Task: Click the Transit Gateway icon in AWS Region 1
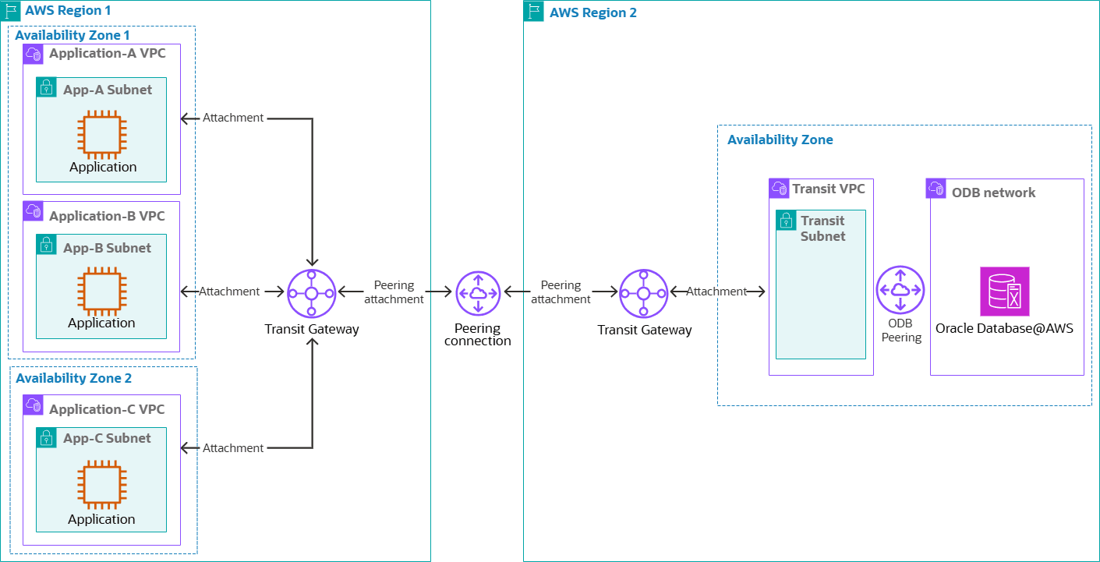[311, 293]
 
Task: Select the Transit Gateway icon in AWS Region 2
[643, 293]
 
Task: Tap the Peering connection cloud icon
[478, 293]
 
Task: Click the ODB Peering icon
[900, 290]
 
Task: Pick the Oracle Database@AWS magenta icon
[1005, 292]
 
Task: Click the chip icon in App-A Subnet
[102, 133]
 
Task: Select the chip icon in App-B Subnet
[102, 290]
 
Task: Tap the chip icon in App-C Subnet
[102, 485]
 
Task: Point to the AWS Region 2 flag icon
[534, 11]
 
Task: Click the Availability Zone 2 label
[74, 378]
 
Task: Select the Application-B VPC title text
[107, 216]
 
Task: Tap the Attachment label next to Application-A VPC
[233, 118]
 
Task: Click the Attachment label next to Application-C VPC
[233, 448]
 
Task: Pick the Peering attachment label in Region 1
[394, 292]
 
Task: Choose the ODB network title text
[993, 193]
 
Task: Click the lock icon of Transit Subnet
[787, 221]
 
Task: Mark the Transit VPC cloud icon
[779, 188]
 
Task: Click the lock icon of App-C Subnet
[47, 437]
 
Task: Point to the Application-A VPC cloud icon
[33, 54]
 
